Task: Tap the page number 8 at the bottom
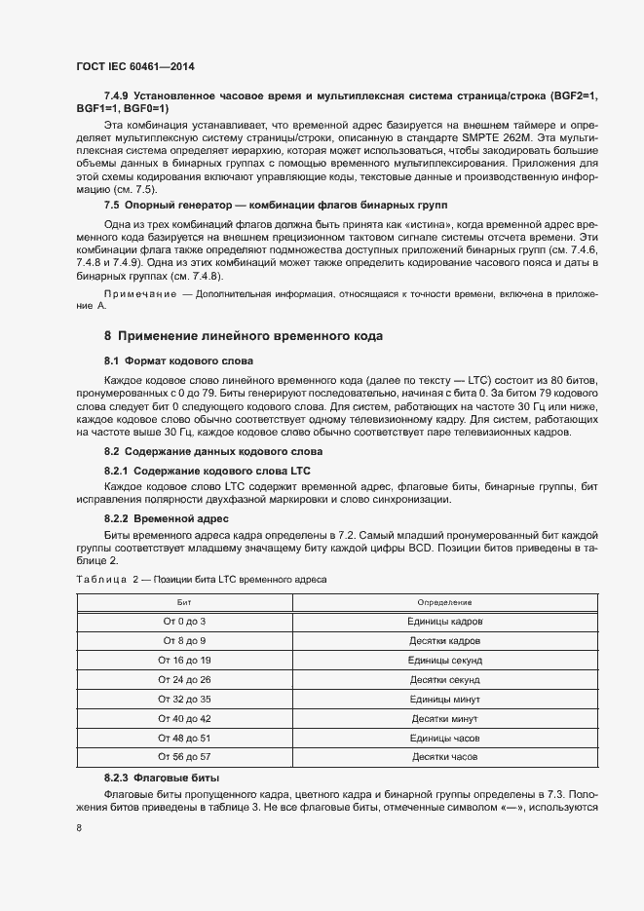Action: pos(79,828)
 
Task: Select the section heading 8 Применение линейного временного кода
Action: pos(244,336)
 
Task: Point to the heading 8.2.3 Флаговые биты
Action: pos(162,778)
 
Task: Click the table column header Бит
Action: pos(183,603)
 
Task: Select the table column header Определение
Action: pos(444,603)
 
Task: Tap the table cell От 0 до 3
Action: pos(183,622)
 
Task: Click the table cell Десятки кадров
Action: pos(444,641)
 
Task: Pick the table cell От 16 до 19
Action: pos(183,661)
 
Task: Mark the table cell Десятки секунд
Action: pos(444,679)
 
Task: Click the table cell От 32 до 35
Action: pos(183,699)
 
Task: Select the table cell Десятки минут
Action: pos(444,718)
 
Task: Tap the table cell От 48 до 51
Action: pos(183,738)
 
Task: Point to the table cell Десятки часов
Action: pos(444,756)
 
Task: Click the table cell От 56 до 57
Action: pos(183,756)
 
